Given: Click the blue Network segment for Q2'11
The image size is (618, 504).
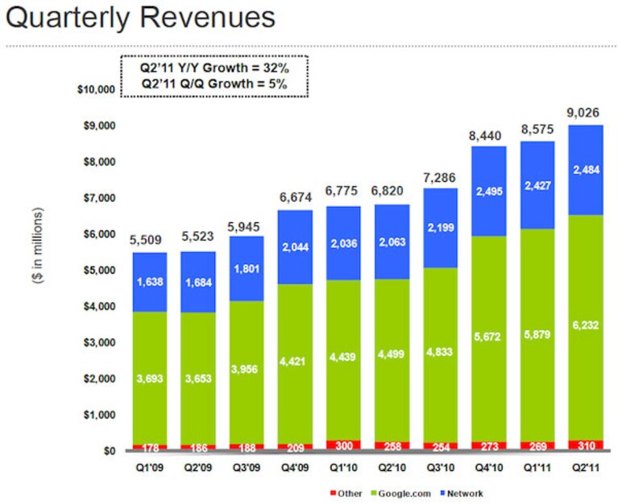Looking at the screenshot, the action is pos(586,170).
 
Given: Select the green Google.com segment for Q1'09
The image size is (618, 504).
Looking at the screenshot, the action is pos(150,378).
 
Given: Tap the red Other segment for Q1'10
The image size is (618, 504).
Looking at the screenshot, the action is pos(343,445).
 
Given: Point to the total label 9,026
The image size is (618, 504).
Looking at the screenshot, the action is pos(583,113).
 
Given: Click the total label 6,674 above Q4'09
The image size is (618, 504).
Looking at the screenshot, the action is pos(296,197).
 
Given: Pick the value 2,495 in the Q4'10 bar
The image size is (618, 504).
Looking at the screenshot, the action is pos(489,192).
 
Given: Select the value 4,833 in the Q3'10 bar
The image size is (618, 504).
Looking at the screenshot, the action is pos(439,352).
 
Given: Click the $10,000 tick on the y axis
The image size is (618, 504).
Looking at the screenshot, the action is pos(96,89).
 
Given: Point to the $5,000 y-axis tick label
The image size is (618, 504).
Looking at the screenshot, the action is pos(99,270).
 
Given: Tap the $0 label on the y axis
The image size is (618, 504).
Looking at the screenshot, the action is pos(110,451).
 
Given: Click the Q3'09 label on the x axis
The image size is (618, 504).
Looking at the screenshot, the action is pos(247,468).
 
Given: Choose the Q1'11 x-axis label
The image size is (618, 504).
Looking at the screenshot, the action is pos(537,468).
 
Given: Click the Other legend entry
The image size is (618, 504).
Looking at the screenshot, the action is pos(346,494).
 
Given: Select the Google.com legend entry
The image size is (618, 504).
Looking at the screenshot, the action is pos(400,494).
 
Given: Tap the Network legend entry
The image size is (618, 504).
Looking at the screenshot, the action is pos(462,494).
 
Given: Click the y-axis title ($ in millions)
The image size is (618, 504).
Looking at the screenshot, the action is pos(38,246).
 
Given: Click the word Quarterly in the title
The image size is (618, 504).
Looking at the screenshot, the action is pos(68,18).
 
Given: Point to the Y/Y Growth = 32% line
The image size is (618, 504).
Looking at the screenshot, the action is pos(214,68).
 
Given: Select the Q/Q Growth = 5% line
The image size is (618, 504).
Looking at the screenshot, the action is pos(214,84).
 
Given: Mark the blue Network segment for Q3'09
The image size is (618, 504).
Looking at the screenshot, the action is pos(247,269).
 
